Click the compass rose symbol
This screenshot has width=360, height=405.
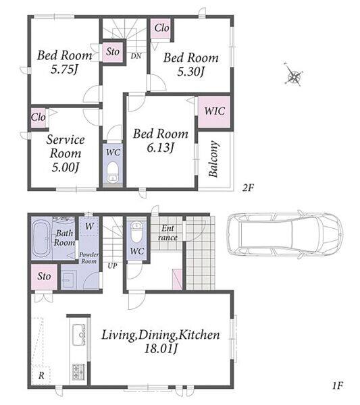tap(294, 75)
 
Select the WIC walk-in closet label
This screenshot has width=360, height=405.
tap(214, 111)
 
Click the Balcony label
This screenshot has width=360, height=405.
tap(213, 159)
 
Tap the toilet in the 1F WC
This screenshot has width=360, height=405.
tap(136, 232)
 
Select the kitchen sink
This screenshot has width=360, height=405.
tap(79, 335)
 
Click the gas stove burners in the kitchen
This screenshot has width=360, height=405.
tap(78, 372)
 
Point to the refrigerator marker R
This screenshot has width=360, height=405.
tap(41, 375)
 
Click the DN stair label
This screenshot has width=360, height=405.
tap(136, 56)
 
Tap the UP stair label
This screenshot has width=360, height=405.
tap(112, 265)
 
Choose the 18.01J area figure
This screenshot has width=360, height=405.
tap(161, 349)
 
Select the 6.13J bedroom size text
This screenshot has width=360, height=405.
tap(160, 148)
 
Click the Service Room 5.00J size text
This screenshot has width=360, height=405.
tap(66, 167)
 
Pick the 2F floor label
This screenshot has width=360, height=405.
tap(248, 188)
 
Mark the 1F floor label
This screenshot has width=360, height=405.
tap(338, 386)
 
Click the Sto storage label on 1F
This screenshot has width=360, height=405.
tap(44, 276)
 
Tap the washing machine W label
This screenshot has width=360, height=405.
tap(89, 226)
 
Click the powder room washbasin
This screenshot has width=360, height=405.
tap(69, 279)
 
